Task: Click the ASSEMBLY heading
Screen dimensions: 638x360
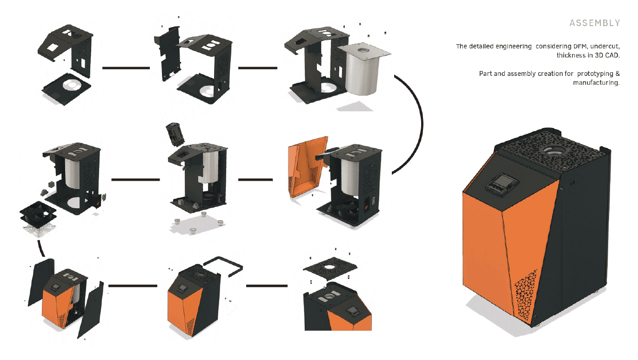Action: (x=594, y=23)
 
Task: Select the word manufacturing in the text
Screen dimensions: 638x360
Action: (x=596, y=82)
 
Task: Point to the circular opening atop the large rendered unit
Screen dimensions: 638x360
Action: (x=554, y=151)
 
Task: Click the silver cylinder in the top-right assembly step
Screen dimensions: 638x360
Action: (x=363, y=69)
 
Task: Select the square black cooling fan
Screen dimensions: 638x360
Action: (x=38, y=213)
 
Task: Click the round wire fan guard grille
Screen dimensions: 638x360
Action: (x=40, y=230)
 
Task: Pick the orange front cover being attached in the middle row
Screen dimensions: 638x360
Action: (x=307, y=167)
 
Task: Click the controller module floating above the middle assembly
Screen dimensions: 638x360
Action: (x=175, y=134)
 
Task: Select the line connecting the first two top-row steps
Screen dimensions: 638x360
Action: (x=126, y=68)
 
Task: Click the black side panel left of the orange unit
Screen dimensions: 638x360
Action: (x=41, y=282)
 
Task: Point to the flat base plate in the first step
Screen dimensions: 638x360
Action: (x=67, y=88)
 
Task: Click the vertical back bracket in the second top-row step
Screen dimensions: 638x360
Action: (x=168, y=54)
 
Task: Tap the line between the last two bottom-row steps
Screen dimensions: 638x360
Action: (x=267, y=285)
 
